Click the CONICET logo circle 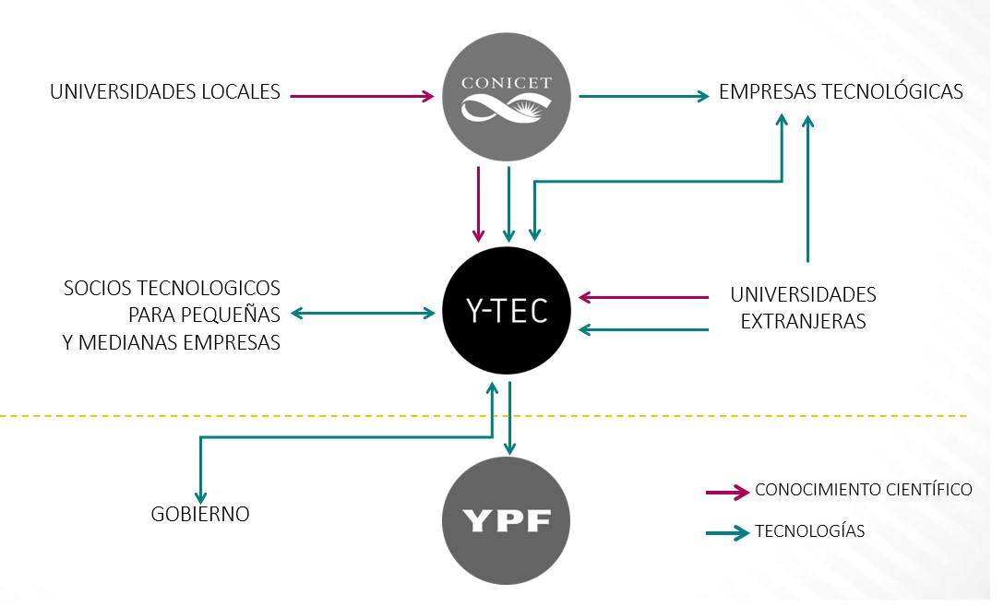tap(507, 96)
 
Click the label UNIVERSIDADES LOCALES tap(165, 92)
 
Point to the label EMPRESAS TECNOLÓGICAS tap(841, 92)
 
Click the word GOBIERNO tap(200, 514)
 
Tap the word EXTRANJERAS tap(803, 322)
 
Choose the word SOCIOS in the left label tap(93, 289)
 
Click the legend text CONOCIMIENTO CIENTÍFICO tap(863, 489)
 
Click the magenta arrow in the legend tap(726, 492)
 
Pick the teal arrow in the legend tap(726, 533)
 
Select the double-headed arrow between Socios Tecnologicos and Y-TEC tap(364, 314)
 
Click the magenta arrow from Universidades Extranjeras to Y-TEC tap(643, 297)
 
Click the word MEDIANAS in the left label tap(174, 342)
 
